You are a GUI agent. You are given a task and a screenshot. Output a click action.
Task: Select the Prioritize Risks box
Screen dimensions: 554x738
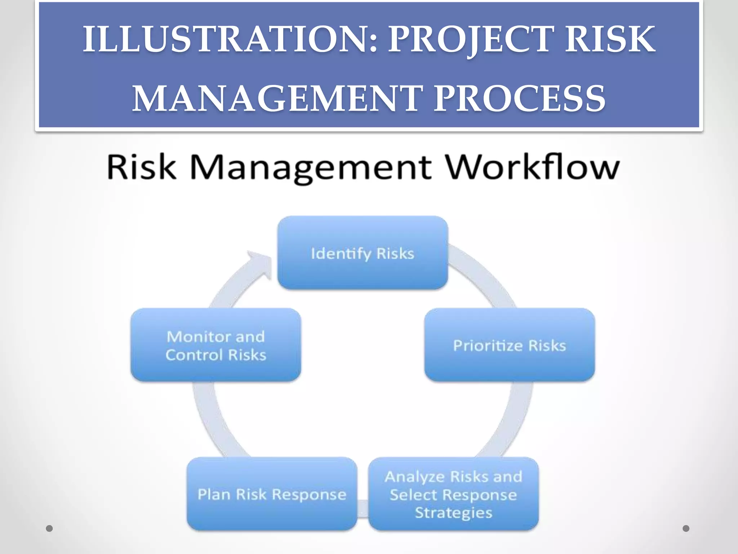pos(510,345)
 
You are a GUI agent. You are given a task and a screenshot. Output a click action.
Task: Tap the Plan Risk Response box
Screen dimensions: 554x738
pos(272,494)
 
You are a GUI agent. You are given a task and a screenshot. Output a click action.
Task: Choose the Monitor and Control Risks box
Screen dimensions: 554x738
pos(215,345)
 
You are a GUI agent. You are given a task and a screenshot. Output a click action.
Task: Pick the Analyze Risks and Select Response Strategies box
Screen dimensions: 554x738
pos(453,494)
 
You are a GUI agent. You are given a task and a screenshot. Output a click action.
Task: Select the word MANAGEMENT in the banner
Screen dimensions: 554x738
pos(277,98)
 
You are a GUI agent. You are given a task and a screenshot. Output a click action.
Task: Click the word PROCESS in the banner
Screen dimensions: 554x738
pos(519,98)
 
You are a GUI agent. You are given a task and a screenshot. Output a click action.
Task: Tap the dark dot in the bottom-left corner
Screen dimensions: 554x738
pos(49,529)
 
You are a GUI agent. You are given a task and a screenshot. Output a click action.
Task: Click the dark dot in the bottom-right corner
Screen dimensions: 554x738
pos(686,529)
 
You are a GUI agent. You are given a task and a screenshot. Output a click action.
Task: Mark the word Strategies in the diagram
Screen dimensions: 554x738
pos(453,513)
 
